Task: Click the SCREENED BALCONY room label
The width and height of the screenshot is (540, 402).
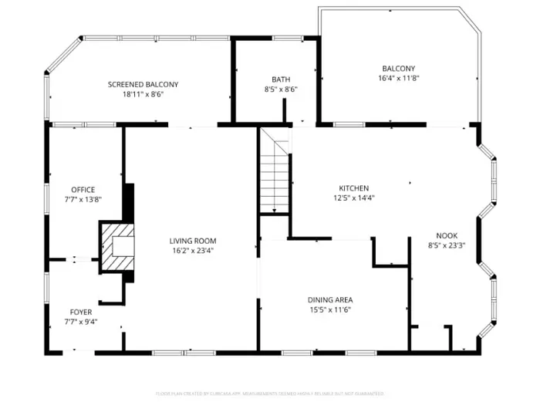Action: point(143,84)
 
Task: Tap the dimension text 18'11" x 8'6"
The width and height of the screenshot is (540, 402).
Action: point(143,94)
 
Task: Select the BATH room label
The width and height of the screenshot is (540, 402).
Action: point(281,79)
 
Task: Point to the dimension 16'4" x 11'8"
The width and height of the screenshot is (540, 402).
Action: point(397,78)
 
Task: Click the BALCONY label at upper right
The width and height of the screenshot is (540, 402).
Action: point(397,68)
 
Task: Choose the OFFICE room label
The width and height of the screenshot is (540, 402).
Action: point(83,190)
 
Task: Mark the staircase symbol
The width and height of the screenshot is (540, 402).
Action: point(274,171)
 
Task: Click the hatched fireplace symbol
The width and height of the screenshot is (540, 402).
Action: point(117,246)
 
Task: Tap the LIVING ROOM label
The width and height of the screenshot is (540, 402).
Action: point(193,241)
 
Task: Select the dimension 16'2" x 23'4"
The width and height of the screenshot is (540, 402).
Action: point(193,250)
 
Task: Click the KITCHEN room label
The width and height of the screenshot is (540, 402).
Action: point(354,188)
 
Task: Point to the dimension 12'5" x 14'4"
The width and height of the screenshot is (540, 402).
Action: point(354,198)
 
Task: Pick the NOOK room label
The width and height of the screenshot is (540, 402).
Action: point(447,236)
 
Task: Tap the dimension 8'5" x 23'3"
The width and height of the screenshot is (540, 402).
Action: point(447,246)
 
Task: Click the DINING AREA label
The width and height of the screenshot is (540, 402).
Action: point(331,299)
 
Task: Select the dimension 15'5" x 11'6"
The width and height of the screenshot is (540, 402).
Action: point(331,309)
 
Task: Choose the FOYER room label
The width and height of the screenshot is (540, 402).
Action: point(80,312)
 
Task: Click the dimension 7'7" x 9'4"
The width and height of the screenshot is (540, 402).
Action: point(80,322)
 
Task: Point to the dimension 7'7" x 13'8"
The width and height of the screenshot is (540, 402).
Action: point(83,199)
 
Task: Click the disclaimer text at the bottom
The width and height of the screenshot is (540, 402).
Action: point(269,394)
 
